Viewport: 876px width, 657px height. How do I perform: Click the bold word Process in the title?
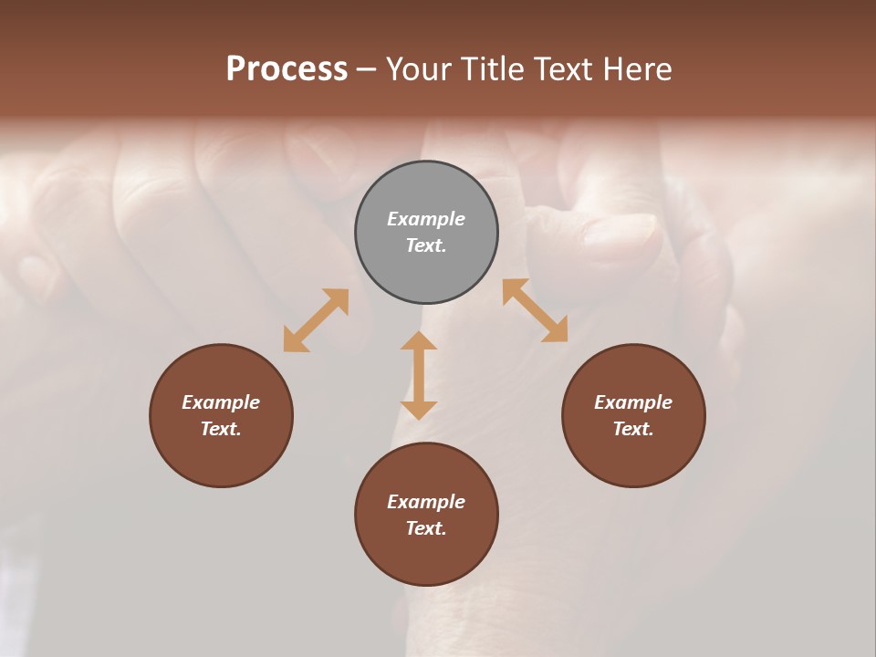287,69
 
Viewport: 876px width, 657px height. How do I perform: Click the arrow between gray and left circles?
316,320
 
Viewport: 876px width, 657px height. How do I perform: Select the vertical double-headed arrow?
419,375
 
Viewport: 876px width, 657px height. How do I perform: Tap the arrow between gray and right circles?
536,310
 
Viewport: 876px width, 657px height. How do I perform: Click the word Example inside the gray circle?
426,219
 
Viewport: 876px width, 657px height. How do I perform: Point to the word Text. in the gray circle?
426,245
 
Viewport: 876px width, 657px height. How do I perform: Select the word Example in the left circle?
221,402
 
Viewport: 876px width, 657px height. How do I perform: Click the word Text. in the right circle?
633,429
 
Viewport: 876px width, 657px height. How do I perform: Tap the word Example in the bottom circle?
426,502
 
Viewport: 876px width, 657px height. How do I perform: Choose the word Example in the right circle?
633,402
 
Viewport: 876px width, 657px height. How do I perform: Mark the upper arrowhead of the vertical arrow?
419,342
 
